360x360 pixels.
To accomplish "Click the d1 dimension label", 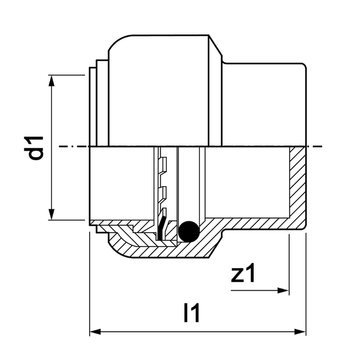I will point(37,147).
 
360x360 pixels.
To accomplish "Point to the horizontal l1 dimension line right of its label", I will point(249,332).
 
